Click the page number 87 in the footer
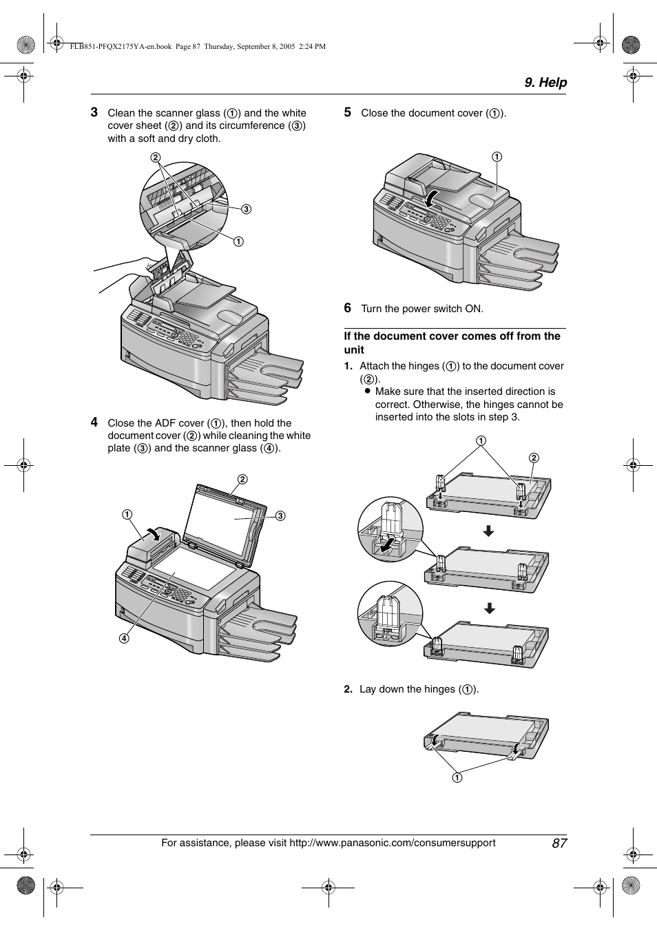[x=559, y=843]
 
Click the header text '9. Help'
[x=545, y=83]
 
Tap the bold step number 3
[x=94, y=112]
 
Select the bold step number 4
[x=94, y=422]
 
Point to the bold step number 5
[x=348, y=112]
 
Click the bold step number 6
[x=348, y=308]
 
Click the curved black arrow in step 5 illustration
[x=431, y=198]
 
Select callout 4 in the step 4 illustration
[x=124, y=638]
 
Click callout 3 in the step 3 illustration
[x=246, y=209]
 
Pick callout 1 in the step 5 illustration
[x=497, y=156]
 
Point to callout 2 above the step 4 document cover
[x=242, y=479]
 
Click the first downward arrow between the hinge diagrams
[x=488, y=531]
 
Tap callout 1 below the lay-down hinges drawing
[x=457, y=777]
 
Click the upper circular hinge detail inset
[x=390, y=529]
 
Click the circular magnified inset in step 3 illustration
[x=184, y=200]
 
